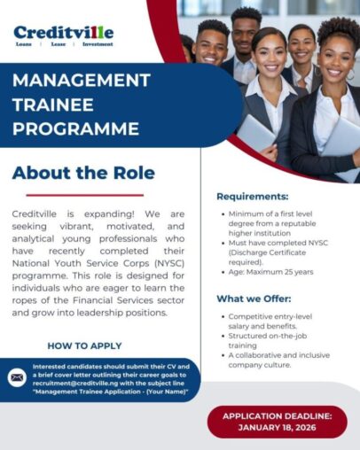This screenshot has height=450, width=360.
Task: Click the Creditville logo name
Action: (63, 33)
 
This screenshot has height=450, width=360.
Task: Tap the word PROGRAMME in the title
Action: (75, 128)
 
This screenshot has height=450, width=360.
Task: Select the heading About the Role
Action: (83, 173)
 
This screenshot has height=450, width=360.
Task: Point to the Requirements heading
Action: (253, 196)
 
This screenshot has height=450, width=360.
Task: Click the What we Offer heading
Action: (254, 299)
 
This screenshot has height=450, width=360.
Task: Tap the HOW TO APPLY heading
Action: (85, 345)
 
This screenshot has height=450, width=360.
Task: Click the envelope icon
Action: (16, 376)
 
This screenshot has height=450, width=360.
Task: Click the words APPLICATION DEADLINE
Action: (277, 415)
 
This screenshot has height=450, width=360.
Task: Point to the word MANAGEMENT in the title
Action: (81, 80)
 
